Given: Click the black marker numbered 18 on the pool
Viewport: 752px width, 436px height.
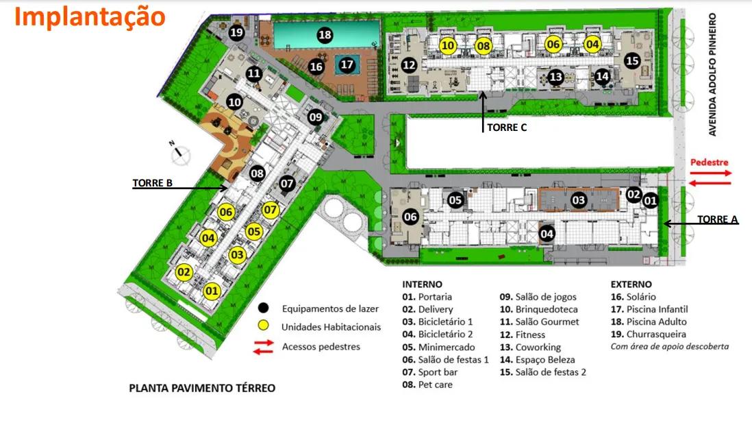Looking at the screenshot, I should tap(325, 35).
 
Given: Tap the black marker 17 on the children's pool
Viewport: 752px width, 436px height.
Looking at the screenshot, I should tap(347, 65).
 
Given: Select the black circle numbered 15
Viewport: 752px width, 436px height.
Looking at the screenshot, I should tap(632, 61).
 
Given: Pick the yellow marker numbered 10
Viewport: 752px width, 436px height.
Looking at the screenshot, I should tap(448, 46).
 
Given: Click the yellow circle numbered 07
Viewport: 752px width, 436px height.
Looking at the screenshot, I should tap(271, 210).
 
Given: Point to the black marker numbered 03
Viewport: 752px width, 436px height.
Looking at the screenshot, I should tap(579, 200).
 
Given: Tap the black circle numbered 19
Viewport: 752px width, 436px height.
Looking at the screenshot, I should tap(237, 32).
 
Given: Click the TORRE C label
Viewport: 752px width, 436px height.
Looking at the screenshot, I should tap(506, 127).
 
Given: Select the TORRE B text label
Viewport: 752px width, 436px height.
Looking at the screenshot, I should tap(151, 184).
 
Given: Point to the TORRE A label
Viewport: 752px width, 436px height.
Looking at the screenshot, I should tap(718, 219).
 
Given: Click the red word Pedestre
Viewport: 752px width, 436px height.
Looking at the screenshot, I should tap(709, 162).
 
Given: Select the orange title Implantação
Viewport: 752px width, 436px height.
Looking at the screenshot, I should tap(90, 16).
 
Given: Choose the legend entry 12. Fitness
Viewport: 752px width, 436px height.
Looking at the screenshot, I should tap(522, 335).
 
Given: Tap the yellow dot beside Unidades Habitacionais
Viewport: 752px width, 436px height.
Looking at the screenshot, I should tap(263, 326).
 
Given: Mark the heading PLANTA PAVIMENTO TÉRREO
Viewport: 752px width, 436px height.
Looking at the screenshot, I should tap(202, 388).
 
